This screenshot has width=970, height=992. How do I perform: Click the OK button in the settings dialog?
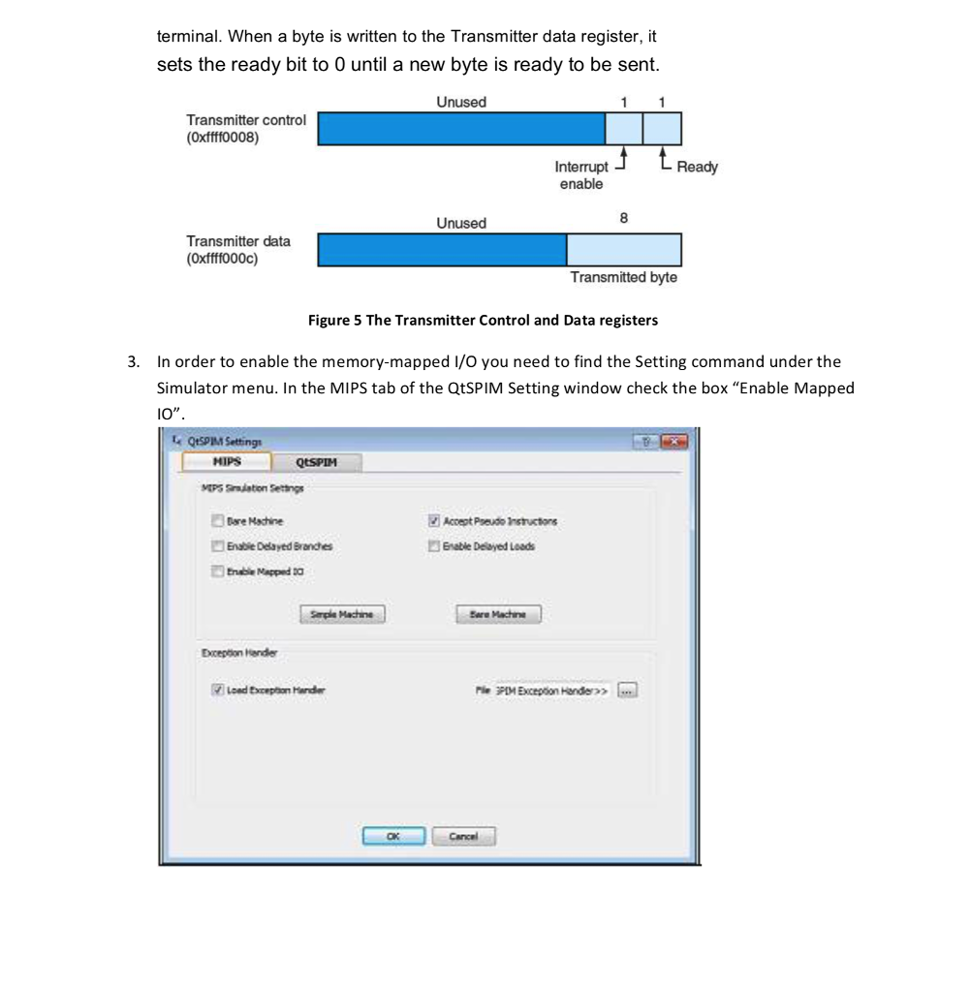tap(393, 835)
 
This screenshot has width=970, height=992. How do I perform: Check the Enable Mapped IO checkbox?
tap(217, 572)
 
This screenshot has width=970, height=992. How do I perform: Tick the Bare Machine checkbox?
tap(217, 521)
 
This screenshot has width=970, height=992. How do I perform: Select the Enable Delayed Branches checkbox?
tap(217, 546)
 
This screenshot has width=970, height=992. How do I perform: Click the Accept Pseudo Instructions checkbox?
tap(434, 521)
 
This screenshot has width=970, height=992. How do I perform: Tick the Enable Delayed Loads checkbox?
tap(434, 546)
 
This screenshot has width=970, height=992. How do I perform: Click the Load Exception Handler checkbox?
tap(217, 690)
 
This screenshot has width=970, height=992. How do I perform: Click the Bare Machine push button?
tap(497, 614)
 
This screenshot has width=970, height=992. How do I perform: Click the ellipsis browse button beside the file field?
tap(628, 690)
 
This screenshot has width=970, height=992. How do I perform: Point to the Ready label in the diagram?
tap(697, 168)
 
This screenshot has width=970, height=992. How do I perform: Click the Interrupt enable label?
tap(581, 175)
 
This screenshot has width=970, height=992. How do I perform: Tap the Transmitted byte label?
tap(623, 278)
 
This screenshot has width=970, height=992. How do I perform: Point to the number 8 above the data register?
tap(623, 219)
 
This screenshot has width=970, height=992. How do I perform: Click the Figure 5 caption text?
tap(483, 321)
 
